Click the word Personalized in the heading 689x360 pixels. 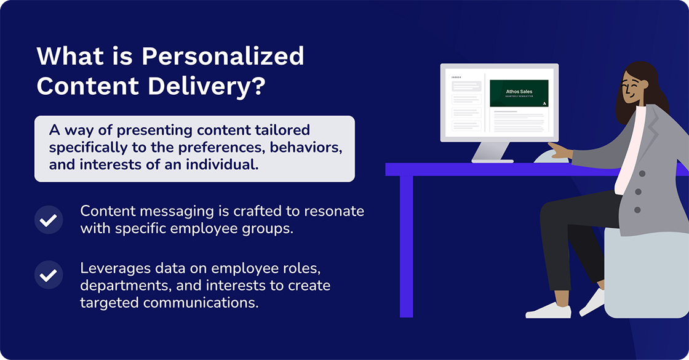(x=223, y=57)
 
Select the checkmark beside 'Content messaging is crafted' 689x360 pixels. (x=49, y=220)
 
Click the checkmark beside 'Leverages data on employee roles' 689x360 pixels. (x=49, y=276)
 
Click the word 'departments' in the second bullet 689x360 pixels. (x=119, y=286)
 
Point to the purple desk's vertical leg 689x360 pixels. (x=406, y=246)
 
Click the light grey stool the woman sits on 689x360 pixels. (x=646, y=271)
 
